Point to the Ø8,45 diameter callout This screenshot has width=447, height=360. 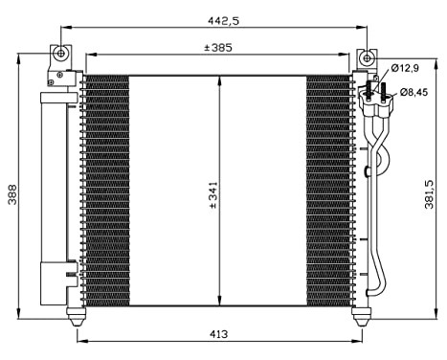click(413, 92)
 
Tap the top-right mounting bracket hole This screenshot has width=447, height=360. click(364, 57)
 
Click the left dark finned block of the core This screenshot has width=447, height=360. click(105, 191)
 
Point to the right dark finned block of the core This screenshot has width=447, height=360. click(330, 191)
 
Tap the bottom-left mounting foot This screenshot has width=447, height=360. click(77, 312)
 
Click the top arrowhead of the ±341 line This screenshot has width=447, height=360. click(221, 79)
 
